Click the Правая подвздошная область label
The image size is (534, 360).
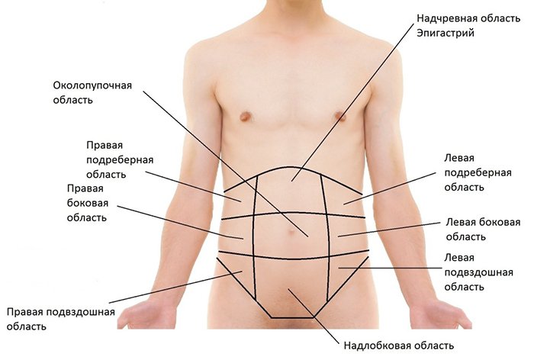(x=60, y=319)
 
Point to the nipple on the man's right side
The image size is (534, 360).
(x=246, y=117)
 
